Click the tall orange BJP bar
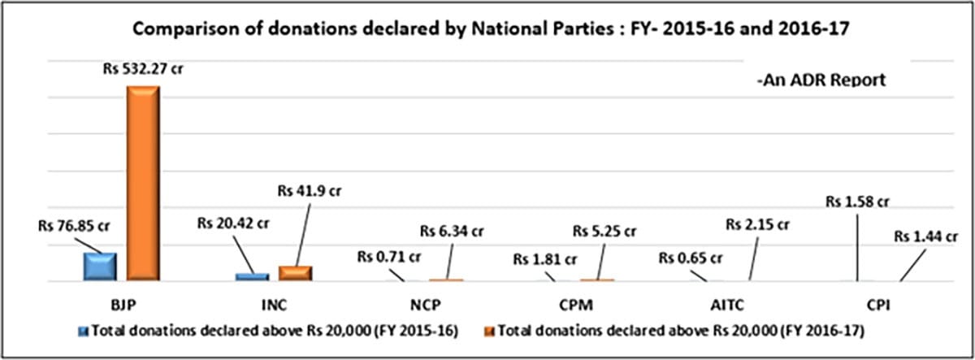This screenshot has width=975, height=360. point(143,184)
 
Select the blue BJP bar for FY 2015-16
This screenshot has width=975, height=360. point(100,267)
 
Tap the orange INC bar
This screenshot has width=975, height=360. point(295,274)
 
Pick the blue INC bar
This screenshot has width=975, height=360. point(252,277)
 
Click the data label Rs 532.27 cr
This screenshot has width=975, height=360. point(143,69)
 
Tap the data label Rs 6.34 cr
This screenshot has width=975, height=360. point(453,231)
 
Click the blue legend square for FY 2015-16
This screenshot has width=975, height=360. point(84,331)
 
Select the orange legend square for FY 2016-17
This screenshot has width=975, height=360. point(489,331)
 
